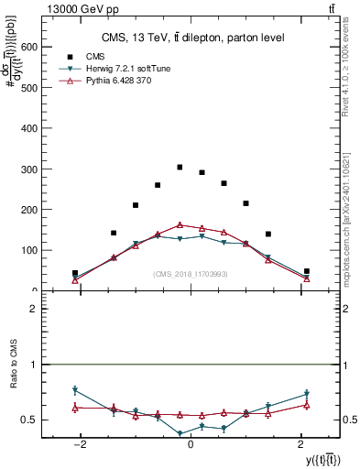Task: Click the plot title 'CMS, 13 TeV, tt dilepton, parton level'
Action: tap(192, 37)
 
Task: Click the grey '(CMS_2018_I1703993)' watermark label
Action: tap(190, 273)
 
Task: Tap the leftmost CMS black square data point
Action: tap(75, 273)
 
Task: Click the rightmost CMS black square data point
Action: tap(307, 271)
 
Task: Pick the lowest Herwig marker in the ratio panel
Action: tap(180, 433)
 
